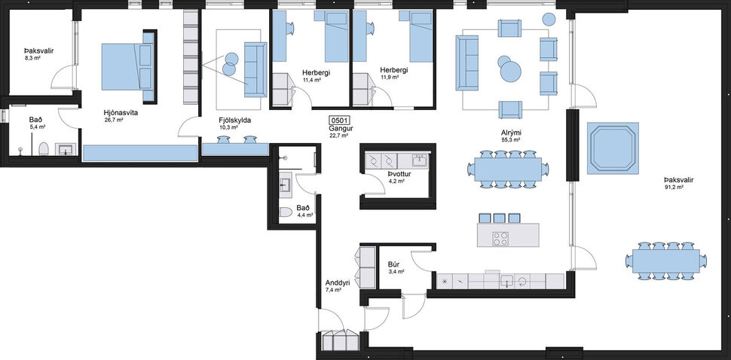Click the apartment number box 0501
[339, 120]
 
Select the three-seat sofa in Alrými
[467, 63]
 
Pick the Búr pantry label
[393, 265]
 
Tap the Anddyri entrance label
[338, 283]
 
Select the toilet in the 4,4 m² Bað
[286, 213]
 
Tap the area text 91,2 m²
[673, 188]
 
